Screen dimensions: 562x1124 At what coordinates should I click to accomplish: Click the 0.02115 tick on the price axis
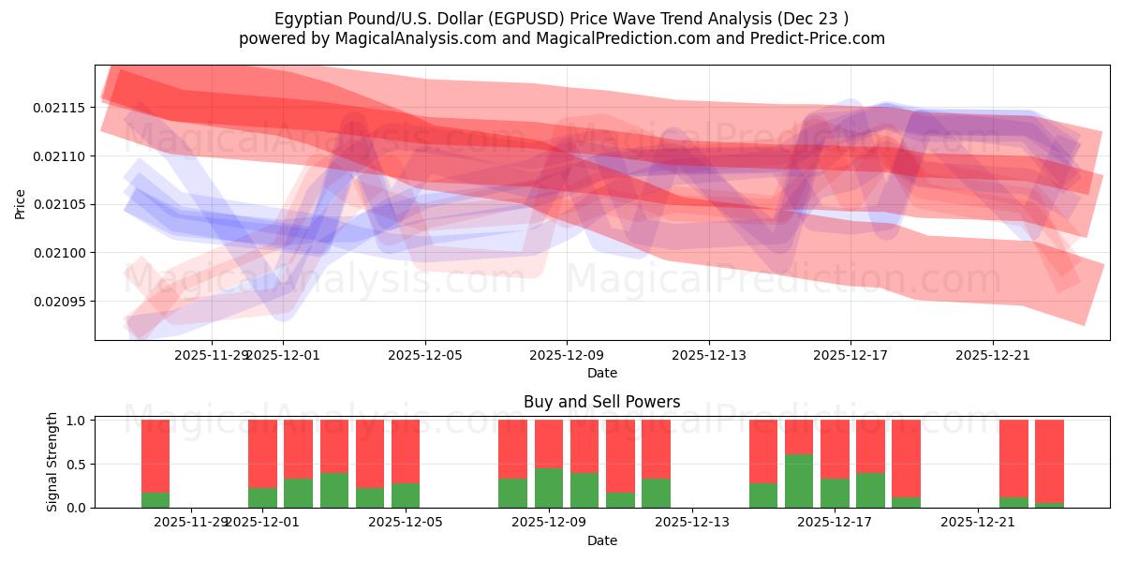point(59,108)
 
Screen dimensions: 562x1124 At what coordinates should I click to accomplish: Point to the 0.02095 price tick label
point(59,302)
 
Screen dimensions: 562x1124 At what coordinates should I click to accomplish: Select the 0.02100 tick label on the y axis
point(59,253)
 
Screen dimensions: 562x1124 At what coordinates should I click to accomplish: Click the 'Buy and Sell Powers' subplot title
point(601,402)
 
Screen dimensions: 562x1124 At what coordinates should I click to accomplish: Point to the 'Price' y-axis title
point(21,203)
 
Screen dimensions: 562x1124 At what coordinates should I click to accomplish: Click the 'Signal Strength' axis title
point(52,462)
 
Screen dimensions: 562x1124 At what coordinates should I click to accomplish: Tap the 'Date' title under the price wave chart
point(601,373)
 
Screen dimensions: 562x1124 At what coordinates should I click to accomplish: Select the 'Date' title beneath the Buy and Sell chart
point(601,540)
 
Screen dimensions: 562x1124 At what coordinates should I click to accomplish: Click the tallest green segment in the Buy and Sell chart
point(799,481)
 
